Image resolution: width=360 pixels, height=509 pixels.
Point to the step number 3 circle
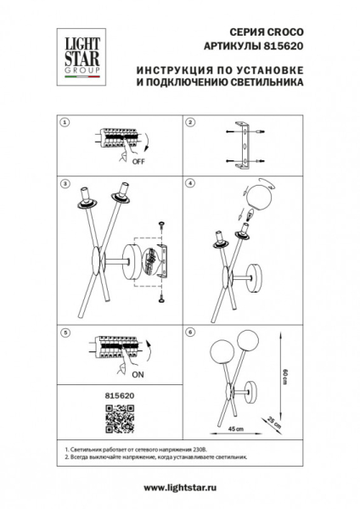[65, 182]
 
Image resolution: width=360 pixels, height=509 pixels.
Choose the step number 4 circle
[190, 182]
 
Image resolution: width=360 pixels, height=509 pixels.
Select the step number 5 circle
[65, 331]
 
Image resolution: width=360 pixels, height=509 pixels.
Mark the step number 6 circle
[190, 331]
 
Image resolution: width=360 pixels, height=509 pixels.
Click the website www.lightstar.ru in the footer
[180, 487]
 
